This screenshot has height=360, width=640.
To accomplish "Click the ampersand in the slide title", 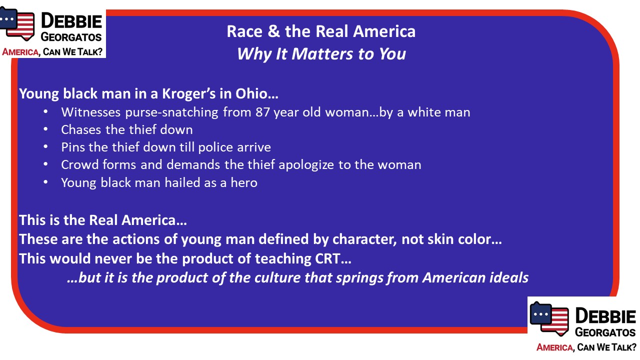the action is coord(274,31).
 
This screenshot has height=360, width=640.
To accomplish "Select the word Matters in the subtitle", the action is coord(322,53).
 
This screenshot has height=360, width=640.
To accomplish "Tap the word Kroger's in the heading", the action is coord(188,93).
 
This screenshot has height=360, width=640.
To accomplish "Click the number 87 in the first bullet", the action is coord(262,112).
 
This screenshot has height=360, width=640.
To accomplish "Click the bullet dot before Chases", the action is coord(45,129).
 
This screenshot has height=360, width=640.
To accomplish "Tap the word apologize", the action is coord(306,165).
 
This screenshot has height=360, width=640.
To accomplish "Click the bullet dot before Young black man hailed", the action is coord(45,182).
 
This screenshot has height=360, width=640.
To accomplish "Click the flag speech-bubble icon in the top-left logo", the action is coord(17,23).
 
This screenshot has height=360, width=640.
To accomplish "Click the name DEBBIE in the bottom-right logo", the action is coord(605,316).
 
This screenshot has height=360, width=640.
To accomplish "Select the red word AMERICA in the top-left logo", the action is coord(20,52).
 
